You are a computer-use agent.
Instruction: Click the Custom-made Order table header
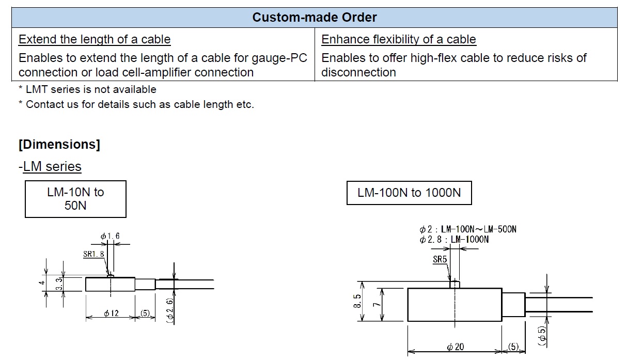tap(314, 17)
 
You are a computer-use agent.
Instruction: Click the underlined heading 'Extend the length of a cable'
tap(95, 39)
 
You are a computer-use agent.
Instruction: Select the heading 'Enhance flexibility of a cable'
tap(398, 39)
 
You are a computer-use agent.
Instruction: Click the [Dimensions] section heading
tap(59, 144)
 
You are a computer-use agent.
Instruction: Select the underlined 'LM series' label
tap(52, 166)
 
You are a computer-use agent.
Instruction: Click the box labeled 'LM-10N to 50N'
tap(75, 199)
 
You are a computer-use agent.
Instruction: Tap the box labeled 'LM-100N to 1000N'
tap(409, 193)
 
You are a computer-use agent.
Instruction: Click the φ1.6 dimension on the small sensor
tap(110, 236)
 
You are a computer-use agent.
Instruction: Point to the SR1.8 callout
tap(93, 254)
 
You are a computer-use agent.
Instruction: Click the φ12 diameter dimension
tap(112, 314)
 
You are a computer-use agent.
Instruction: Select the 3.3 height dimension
tap(59, 284)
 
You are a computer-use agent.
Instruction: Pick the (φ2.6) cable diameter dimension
tap(170, 311)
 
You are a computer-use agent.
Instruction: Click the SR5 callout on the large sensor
tap(440, 259)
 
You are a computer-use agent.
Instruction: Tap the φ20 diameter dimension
tap(455, 347)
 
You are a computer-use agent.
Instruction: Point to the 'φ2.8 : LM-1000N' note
tap(455, 240)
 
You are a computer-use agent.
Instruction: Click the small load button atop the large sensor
tap(455, 284)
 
